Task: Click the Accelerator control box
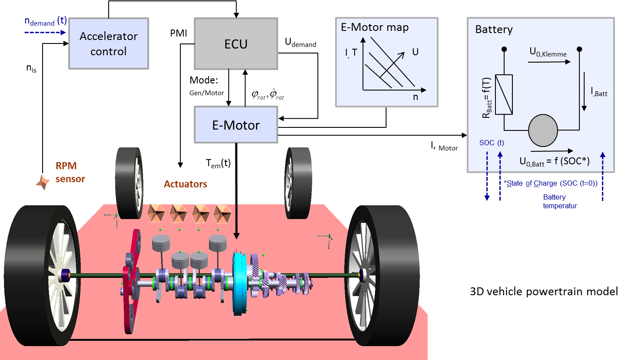click(x=108, y=43)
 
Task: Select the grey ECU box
click(x=236, y=43)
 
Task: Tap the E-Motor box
click(x=236, y=125)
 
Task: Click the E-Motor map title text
click(x=374, y=28)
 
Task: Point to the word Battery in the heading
click(x=494, y=30)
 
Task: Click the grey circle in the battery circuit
click(x=542, y=130)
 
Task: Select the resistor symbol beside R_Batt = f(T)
click(x=504, y=94)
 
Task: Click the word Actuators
click(x=185, y=184)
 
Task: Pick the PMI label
click(x=179, y=33)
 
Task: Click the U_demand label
click(x=300, y=43)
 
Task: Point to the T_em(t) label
click(x=218, y=163)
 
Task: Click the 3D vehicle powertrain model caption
click(x=544, y=291)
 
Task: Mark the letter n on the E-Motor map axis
click(x=415, y=97)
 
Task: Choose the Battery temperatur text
click(x=560, y=201)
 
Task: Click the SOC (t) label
click(x=492, y=143)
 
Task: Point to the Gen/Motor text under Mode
click(x=206, y=93)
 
